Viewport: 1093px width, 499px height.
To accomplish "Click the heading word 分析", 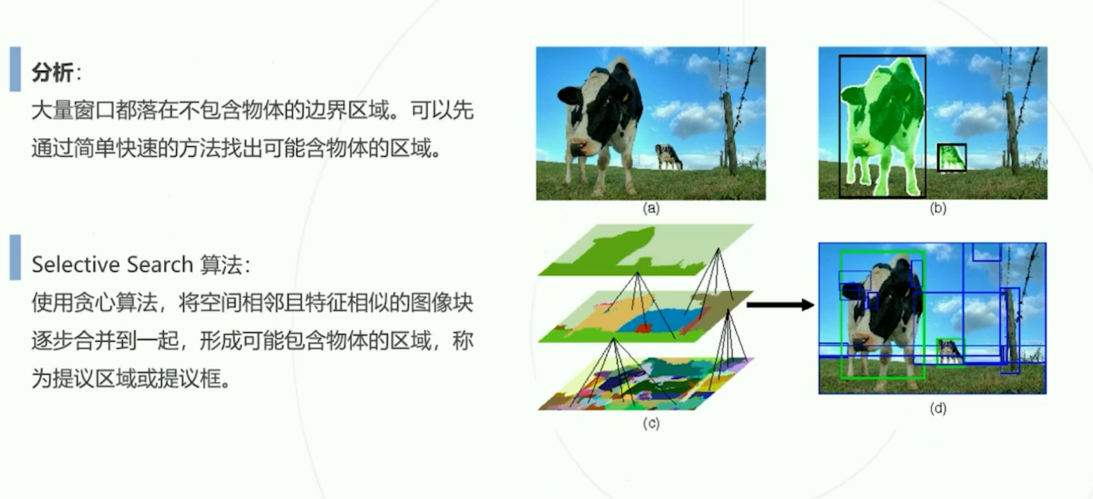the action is click(x=53, y=73).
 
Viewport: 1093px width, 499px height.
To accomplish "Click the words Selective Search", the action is click(x=112, y=265).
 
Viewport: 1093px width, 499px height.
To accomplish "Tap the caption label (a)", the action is click(x=651, y=208).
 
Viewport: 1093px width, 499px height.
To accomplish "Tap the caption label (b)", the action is click(x=938, y=208).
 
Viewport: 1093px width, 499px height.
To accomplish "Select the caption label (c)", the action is click(x=651, y=423).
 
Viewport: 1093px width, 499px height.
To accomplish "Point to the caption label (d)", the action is click(x=938, y=408).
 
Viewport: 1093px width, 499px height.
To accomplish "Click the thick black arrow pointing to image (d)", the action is click(x=780, y=304).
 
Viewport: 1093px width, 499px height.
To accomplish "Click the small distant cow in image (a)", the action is click(x=668, y=156).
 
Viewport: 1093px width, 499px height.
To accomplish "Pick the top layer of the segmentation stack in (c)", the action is click(x=645, y=250).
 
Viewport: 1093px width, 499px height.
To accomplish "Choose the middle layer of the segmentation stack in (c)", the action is click(x=645, y=317).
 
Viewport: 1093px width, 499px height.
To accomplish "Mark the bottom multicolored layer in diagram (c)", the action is click(x=645, y=384).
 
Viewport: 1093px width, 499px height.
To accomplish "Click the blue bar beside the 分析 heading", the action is click(x=15, y=69).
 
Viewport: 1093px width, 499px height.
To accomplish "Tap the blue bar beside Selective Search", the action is click(x=15, y=257).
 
